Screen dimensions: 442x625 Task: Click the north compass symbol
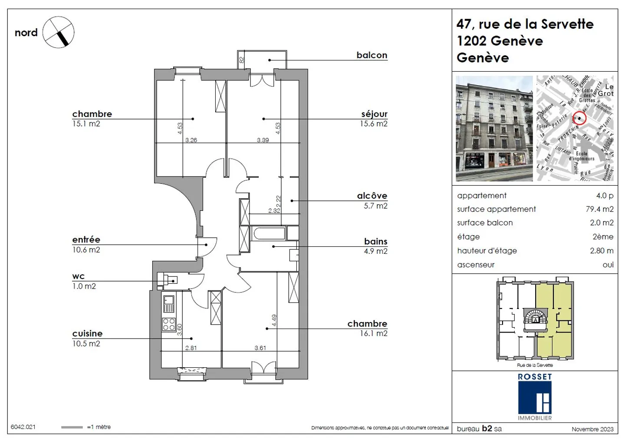click(58, 33)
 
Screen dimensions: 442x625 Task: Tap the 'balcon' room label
click(372, 55)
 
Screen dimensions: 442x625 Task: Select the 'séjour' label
click(374, 114)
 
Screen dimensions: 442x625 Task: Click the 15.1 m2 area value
click(86, 124)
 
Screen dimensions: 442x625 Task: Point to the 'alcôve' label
click(372, 196)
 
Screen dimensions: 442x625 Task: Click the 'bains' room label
click(375, 242)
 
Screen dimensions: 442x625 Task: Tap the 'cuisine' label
click(87, 333)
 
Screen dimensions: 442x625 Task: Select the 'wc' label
click(79, 276)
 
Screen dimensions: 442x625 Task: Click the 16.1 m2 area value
click(373, 333)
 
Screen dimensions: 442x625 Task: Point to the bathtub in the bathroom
click(269, 233)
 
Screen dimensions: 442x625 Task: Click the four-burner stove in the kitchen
click(169, 324)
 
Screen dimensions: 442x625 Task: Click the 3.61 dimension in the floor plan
click(260, 348)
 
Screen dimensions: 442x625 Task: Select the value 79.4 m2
click(599, 209)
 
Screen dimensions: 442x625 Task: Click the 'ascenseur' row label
click(476, 265)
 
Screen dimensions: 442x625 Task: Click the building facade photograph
click(494, 129)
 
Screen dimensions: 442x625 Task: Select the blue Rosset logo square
click(535, 398)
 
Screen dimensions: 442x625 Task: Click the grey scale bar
click(72, 427)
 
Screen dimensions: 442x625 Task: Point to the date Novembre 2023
click(592, 429)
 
